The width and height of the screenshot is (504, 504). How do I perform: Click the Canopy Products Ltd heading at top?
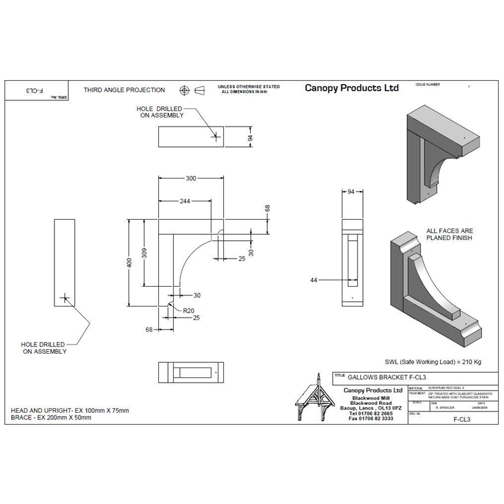click(351, 88)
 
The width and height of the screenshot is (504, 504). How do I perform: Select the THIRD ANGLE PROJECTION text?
click(124, 90)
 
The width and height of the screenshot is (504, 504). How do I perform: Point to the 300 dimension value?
click(191, 178)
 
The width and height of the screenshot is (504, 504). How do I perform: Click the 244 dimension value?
click(185, 201)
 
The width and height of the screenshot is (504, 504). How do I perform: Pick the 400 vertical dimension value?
click(130, 262)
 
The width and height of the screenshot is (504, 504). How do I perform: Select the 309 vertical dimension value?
click(145, 253)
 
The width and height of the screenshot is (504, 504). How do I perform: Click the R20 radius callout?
click(188, 310)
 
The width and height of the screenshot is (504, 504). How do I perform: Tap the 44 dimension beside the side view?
click(314, 280)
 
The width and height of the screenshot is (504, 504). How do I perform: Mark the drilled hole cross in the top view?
click(215, 137)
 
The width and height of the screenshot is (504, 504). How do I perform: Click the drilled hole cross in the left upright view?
click(64, 298)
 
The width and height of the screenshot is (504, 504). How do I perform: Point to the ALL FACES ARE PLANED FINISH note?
click(450, 235)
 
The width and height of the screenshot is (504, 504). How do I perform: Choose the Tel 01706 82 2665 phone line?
click(371, 413)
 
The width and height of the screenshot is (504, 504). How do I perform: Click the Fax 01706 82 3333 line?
click(371, 419)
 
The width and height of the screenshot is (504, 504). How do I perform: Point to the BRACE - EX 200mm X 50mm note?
click(51, 417)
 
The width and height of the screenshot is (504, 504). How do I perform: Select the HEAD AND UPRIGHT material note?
click(70, 410)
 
